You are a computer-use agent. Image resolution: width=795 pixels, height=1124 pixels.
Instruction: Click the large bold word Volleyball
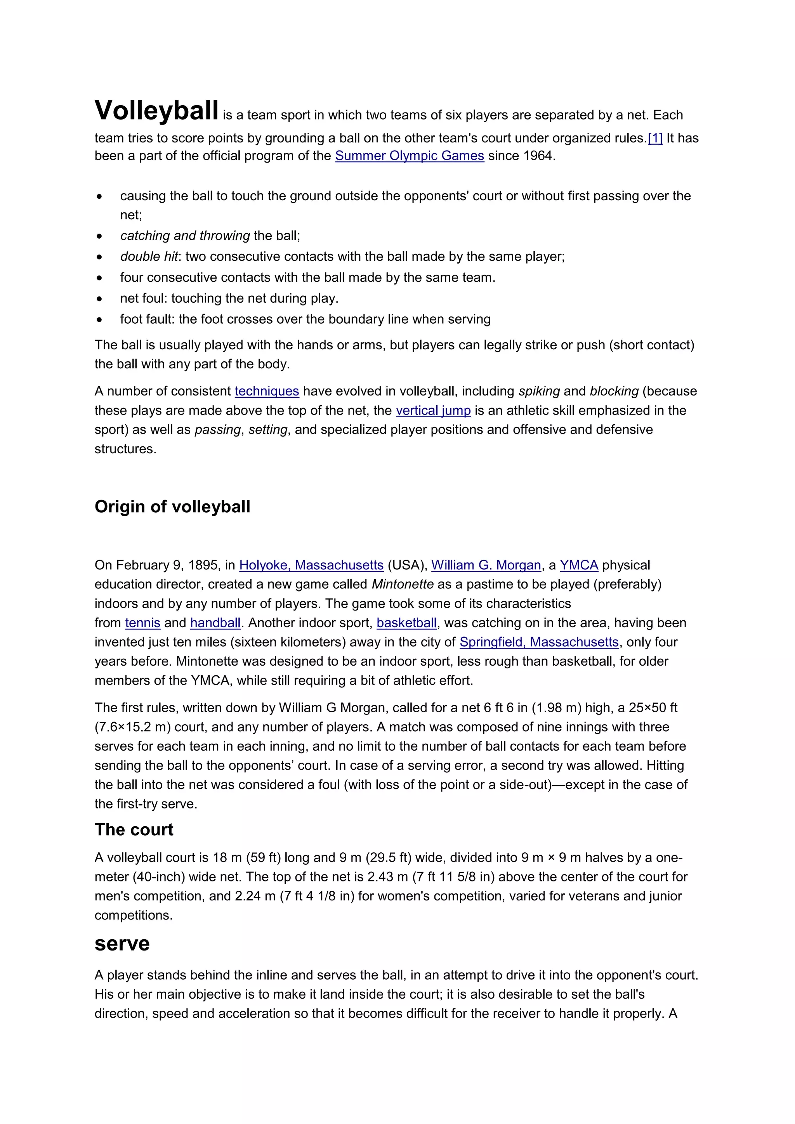[156, 111]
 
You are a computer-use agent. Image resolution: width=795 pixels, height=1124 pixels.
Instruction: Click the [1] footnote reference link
[654, 138]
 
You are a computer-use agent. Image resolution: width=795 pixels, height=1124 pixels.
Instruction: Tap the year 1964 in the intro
[538, 156]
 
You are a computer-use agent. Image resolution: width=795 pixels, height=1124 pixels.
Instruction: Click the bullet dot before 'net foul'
[100, 298]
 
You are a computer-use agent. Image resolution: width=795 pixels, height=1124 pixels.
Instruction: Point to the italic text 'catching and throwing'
[185, 236]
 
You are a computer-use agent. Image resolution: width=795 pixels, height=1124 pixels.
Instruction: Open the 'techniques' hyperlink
[267, 391]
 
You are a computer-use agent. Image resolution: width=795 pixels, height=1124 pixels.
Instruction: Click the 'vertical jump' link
[433, 410]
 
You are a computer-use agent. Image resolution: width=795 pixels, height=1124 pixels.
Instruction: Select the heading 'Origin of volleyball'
[172, 506]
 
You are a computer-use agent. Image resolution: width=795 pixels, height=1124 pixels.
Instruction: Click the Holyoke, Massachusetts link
[311, 565]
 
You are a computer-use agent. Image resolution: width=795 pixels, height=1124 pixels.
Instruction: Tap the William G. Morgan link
[486, 565]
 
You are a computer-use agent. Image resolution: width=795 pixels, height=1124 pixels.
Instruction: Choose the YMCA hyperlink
[579, 565]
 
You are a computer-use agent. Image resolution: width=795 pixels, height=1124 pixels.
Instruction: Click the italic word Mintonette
[403, 584]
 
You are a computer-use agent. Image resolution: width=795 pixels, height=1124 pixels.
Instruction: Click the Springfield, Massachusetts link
[539, 642]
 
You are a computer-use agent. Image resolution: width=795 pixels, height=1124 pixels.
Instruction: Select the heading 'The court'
[134, 830]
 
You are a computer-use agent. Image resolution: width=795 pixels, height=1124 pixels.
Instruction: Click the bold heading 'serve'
[122, 944]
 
